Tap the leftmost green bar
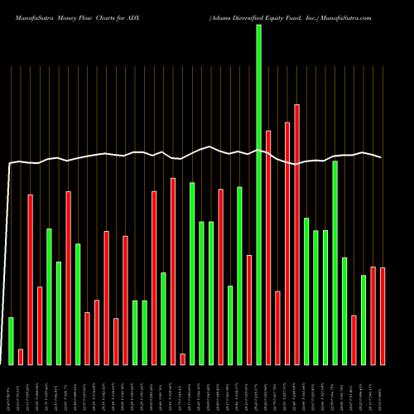(11, 340)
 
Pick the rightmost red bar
(383, 315)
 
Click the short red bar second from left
(21, 356)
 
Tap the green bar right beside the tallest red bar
(306, 291)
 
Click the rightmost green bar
(363, 319)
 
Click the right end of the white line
(382, 157)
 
